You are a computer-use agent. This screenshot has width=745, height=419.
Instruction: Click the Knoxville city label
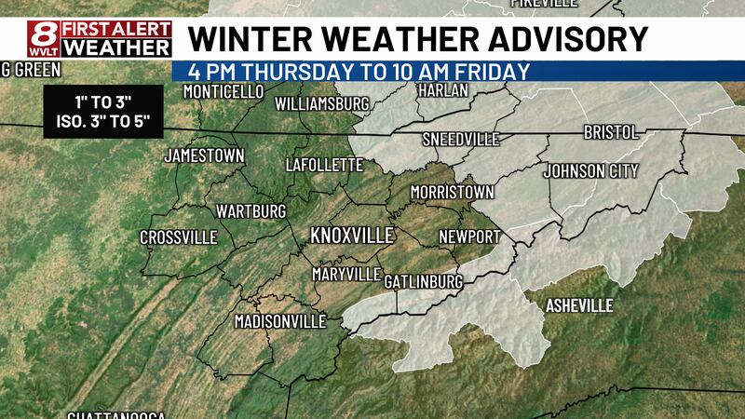point(352,235)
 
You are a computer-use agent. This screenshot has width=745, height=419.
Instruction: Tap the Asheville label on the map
point(579,305)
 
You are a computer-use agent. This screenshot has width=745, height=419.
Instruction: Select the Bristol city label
point(610,133)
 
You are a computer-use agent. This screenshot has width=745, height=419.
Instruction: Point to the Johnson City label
point(590,171)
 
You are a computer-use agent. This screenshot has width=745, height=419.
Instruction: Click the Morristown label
point(452,192)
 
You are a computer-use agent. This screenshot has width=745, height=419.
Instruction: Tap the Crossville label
point(178,238)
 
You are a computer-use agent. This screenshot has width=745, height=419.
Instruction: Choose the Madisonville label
point(279,321)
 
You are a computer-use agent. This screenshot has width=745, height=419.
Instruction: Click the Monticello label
point(224,92)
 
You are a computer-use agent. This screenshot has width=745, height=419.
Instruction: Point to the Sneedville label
point(461,140)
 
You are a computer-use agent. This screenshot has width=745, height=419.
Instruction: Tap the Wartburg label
point(251,211)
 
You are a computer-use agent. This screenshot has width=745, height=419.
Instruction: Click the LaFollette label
point(323,165)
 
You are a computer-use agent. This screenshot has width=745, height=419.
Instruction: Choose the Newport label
point(469,237)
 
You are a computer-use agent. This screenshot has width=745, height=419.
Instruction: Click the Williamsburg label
point(323,103)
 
